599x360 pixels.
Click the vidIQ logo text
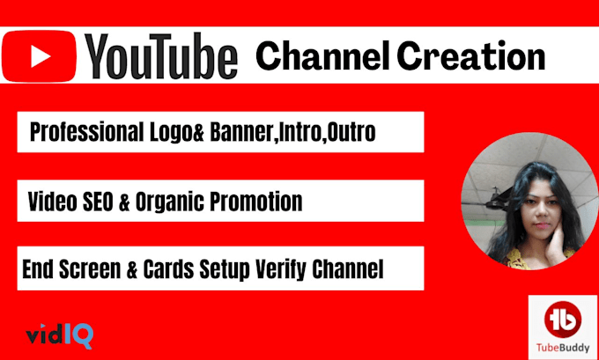click(x=59, y=334)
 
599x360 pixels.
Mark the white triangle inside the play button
click(x=41, y=57)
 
